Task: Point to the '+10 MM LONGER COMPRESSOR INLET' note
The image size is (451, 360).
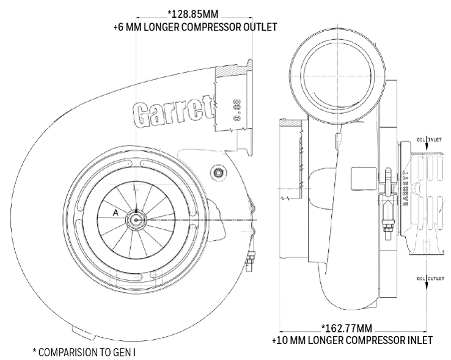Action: (x=353, y=339)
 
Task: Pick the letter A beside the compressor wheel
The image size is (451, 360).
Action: (x=115, y=212)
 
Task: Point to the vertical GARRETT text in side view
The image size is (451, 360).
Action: (x=405, y=189)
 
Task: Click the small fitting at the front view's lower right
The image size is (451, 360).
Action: (x=249, y=262)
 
